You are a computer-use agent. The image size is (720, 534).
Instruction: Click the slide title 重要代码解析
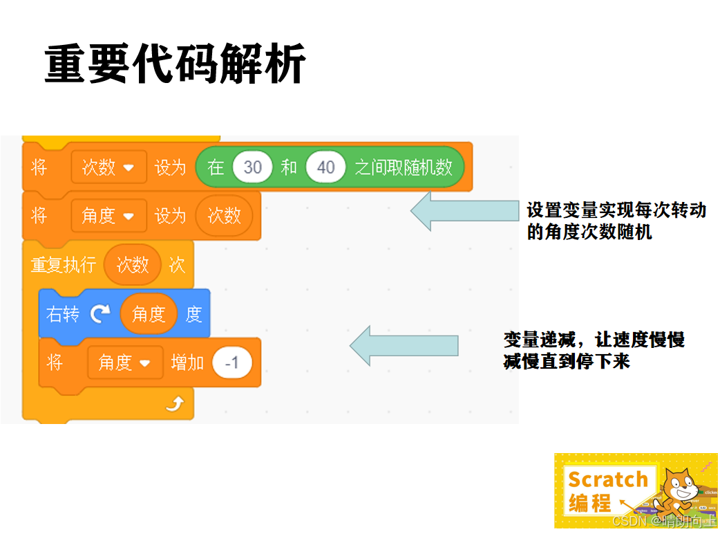175,65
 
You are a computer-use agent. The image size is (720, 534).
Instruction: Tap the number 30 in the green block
253,167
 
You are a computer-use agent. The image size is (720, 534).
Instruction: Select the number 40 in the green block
325,167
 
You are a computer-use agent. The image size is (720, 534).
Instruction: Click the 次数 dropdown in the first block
108,167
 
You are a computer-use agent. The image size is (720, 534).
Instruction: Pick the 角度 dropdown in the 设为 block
108,216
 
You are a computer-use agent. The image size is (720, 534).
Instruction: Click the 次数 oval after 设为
224,216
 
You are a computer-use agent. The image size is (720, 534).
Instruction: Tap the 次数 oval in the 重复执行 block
133,264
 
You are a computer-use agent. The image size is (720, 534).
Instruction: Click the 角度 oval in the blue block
149,314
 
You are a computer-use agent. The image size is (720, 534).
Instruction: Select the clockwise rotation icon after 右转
100,314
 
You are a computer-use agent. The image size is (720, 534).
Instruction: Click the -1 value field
232,362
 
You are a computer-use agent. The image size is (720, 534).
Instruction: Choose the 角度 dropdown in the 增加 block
125,362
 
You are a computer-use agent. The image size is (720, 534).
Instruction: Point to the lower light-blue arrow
404,345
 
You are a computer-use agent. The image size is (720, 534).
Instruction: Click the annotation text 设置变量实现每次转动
616,210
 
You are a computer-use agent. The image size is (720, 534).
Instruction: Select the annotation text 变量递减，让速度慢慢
594,340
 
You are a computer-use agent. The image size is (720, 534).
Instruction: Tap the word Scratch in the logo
608,479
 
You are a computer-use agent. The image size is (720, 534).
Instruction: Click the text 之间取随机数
404,167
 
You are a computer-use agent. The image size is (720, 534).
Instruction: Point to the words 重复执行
64,264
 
